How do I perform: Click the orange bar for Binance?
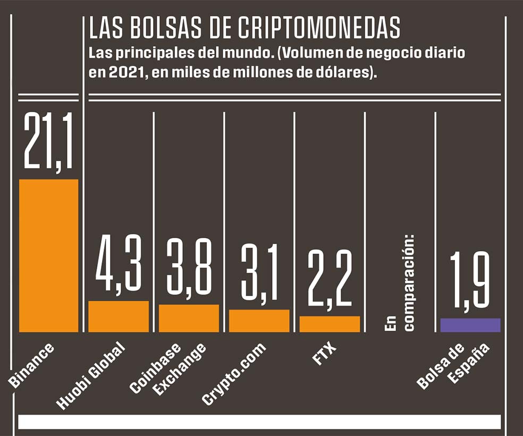tap(48, 256)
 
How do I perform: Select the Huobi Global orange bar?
tap(119, 317)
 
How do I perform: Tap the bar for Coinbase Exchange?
tap(189, 318)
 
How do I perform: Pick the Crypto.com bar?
tap(259, 321)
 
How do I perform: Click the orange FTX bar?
tap(330, 324)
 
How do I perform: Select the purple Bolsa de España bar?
tap(470, 325)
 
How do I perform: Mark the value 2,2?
tap(330, 279)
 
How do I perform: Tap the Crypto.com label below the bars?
tap(234, 374)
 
